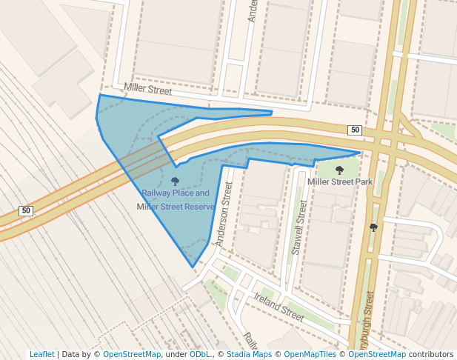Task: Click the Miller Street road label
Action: (148, 90)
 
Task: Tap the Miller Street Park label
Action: (340, 181)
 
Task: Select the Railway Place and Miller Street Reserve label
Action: (176, 200)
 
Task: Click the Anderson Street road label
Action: (221, 216)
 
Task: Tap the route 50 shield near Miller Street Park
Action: (356, 130)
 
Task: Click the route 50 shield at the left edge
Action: (27, 211)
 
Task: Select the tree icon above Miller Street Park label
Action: (340, 170)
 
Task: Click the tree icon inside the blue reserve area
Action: (175, 181)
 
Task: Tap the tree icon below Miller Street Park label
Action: (373, 227)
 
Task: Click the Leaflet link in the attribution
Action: (41, 355)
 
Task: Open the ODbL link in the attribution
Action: (200, 355)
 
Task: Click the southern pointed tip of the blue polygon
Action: (193, 267)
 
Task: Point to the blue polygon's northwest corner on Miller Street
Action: (99, 95)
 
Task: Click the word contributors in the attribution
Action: (431, 355)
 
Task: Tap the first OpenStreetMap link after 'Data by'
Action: (132, 355)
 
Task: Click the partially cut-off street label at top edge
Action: (252, 11)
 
